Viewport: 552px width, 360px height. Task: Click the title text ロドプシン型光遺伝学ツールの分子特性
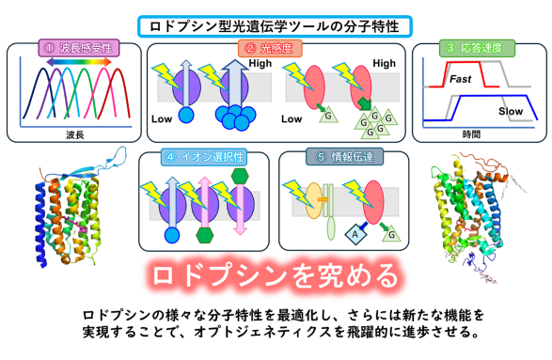276,23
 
